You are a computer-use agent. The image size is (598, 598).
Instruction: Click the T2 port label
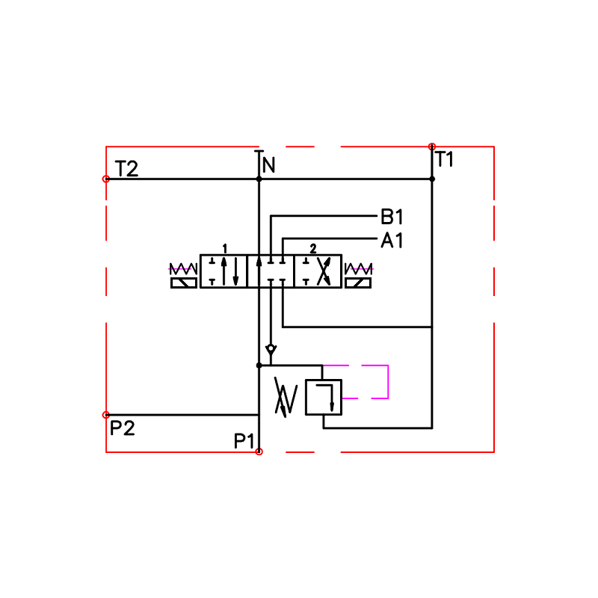point(126,169)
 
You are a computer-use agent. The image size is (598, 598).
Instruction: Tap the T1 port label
point(444,159)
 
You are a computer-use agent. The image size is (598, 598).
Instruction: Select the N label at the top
point(268,165)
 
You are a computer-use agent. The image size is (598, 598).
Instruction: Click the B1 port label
point(392,217)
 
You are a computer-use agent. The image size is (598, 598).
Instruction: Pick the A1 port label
point(392,240)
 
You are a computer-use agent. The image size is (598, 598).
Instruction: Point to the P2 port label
point(123,428)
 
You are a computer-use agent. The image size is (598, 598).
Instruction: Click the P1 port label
point(244,441)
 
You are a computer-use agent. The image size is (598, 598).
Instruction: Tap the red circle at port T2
point(106,179)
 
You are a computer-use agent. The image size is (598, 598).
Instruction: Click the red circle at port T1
point(432,147)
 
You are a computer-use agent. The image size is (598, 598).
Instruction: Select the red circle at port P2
point(106,415)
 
